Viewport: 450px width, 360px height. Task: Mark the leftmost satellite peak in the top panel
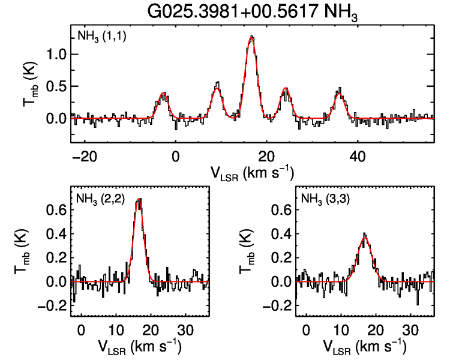[x=163, y=94]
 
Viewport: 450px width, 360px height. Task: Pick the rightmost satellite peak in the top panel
[x=340, y=91]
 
